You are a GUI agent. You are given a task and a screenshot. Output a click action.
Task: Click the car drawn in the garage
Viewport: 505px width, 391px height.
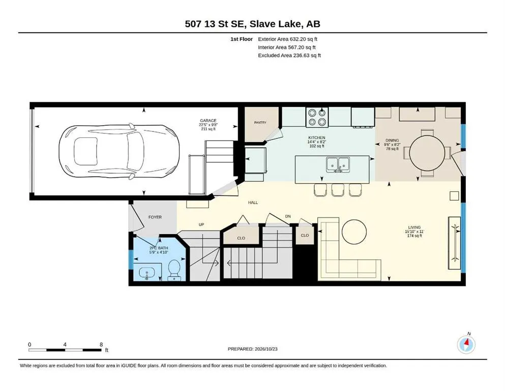click(119, 151)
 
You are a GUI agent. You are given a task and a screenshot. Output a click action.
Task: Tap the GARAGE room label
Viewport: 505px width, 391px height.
click(208, 121)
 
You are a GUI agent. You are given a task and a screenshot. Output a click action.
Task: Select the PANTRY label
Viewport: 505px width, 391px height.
click(260, 123)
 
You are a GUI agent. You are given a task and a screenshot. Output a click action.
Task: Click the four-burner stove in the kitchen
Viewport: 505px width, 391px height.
click(317, 117)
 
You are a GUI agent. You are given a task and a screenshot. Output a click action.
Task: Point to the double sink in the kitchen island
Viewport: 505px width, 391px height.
click(338, 164)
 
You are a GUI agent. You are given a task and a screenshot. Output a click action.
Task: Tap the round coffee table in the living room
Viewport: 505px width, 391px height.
click(354, 232)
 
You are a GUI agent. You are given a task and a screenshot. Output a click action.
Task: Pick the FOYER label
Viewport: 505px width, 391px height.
click(155, 217)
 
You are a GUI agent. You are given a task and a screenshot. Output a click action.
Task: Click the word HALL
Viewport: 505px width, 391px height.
click(253, 203)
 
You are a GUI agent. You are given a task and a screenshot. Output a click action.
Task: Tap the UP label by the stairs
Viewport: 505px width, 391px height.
click(201, 225)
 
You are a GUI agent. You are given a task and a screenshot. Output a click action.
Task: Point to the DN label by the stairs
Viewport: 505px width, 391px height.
click(288, 216)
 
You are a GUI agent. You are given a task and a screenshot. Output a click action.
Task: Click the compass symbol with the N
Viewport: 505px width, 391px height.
click(466, 344)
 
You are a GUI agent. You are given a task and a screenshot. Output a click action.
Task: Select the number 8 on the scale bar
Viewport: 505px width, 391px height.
click(101, 344)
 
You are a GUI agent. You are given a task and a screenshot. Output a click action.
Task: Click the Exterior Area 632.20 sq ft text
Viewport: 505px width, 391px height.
click(288, 39)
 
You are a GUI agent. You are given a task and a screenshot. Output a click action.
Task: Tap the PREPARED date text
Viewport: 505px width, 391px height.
click(252, 349)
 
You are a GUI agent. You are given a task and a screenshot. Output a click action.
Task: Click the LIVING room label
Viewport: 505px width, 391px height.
click(414, 227)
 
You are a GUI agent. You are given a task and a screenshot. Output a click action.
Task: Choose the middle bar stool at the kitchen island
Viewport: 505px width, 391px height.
click(338, 190)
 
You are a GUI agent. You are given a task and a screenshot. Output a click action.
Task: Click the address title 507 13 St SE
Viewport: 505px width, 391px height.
click(216, 24)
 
